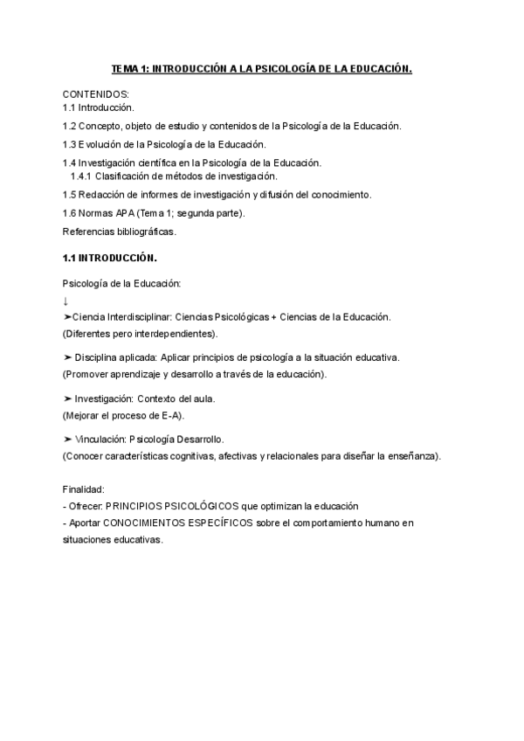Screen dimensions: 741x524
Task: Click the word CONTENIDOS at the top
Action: (x=95, y=93)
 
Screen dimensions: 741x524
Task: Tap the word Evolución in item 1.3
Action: (x=100, y=144)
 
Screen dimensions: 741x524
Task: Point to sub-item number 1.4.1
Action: (x=80, y=176)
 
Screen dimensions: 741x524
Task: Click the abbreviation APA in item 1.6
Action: (x=122, y=213)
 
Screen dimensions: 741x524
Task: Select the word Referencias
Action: (x=89, y=232)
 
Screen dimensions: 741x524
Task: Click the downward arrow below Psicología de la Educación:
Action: (x=66, y=301)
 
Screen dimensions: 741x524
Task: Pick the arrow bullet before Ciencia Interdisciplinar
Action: (x=67, y=316)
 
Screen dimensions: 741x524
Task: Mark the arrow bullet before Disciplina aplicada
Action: (x=67, y=357)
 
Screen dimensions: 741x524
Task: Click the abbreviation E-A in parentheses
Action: (x=171, y=414)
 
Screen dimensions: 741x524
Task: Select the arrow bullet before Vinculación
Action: (x=67, y=439)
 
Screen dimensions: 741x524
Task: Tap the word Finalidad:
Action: (x=84, y=490)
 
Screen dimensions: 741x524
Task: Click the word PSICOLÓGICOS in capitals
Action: (x=191, y=507)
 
